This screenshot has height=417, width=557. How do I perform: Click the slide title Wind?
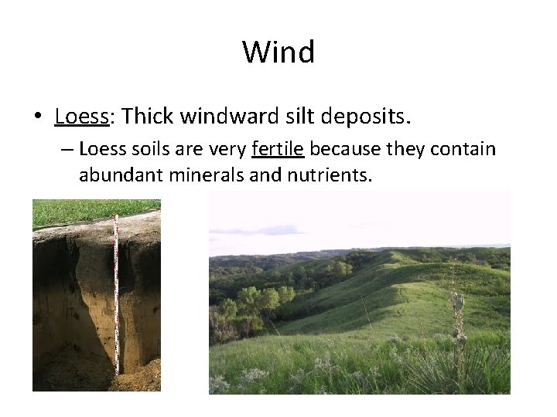point(278,53)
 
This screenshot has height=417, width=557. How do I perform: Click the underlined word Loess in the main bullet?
point(80,117)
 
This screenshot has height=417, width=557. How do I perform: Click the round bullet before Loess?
point(37,117)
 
